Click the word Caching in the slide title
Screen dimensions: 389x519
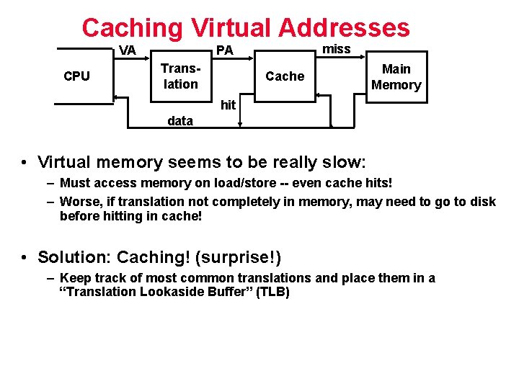coord(133,28)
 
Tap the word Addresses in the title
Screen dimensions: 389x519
coord(343,28)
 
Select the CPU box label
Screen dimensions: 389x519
coord(76,76)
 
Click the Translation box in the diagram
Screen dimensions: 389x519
coord(179,76)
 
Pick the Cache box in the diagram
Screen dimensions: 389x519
coord(285,76)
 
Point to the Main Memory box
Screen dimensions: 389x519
coord(396,77)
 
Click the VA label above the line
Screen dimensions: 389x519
coord(128,50)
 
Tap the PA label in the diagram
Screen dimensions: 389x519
coord(225,50)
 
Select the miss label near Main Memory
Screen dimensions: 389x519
coord(336,49)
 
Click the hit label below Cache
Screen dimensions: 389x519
coord(228,105)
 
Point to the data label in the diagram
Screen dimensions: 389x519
coord(179,121)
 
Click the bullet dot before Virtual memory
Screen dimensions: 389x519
coord(25,162)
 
